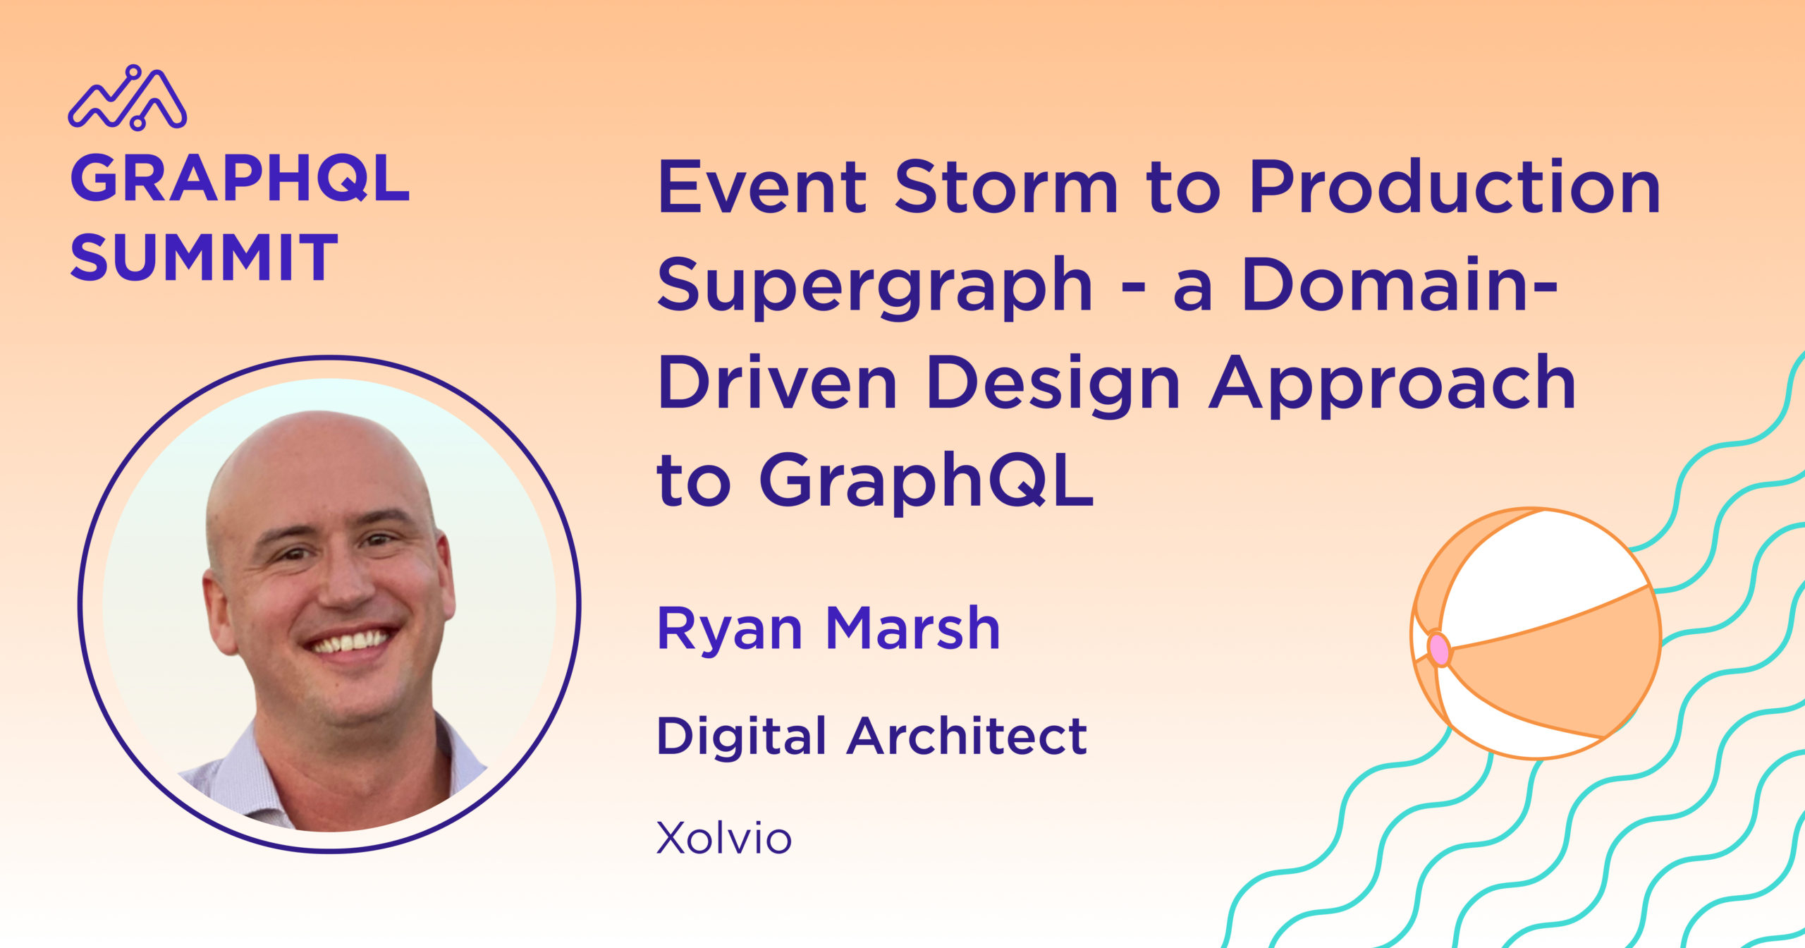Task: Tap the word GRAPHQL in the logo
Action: (x=240, y=179)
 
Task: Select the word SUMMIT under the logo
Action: (x=204, y=257)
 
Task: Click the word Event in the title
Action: (x=762, y=186)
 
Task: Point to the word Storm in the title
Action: (x=1007, y=186)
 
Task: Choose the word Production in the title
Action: (x=1455, y=186)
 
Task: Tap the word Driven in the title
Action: (x=778, y=382)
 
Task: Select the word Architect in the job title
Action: (x=967, y=736)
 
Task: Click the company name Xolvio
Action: (x=724, y=838)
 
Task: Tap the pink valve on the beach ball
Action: (x=1439, y=649)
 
